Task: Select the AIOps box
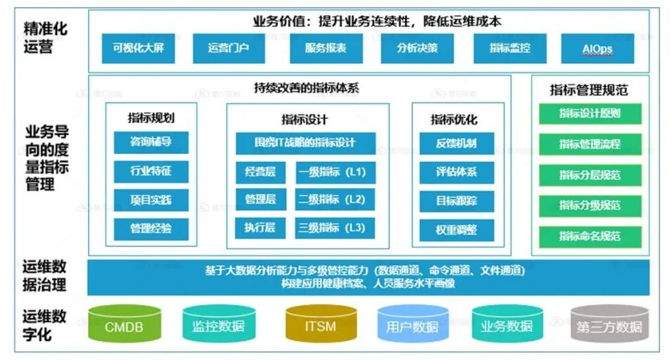[597, 48]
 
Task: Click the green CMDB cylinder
[124, 324]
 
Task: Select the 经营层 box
[260, 172]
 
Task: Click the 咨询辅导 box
[150, 142]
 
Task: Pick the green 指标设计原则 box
[590, 114]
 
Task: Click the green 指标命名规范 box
[590, 236]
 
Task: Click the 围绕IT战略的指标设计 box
[305, 142]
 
